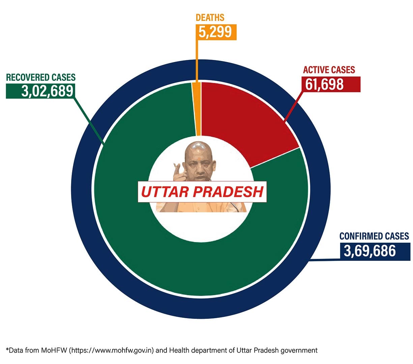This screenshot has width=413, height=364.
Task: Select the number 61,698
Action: (x=324, y=84)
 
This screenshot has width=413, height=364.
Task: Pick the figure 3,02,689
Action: (x=47, y=91)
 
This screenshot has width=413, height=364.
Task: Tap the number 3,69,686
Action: (x=370, y=251)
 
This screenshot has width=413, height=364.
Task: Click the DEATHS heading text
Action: (x=210, y=18)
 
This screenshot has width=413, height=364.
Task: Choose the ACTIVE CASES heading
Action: (x=329, y=70)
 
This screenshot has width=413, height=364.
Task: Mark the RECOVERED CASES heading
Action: (x=41, y=77)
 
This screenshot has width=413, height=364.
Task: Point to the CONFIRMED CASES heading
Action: (x=374, y=236)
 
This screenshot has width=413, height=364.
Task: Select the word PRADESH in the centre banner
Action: (x=228, y=192)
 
